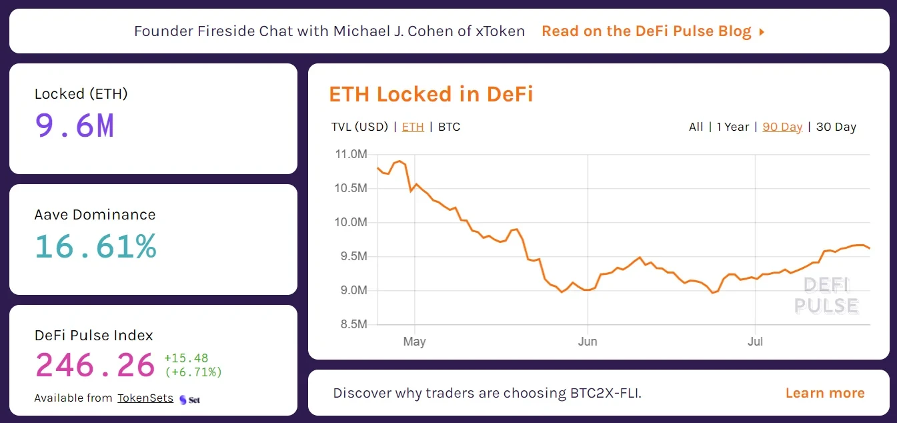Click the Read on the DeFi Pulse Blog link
(652, 31)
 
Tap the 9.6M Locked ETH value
(75, 125)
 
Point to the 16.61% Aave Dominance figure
(95, 246)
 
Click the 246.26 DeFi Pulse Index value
(95, 365)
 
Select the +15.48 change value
(186, 358)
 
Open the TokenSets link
(145, 398)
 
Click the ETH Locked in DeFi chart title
(431, 94)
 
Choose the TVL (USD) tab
(359, 127)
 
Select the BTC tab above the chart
(449, 127)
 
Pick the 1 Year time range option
(732, 127)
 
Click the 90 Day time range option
(782, 127)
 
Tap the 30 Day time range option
(836, 127)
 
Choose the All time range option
(696, 127)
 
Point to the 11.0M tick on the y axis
(350, 155)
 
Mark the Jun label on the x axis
(588, 342)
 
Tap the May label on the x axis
(414, 342)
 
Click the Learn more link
(825, 393)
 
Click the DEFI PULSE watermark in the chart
(826, 296)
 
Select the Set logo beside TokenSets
(190, 400)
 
